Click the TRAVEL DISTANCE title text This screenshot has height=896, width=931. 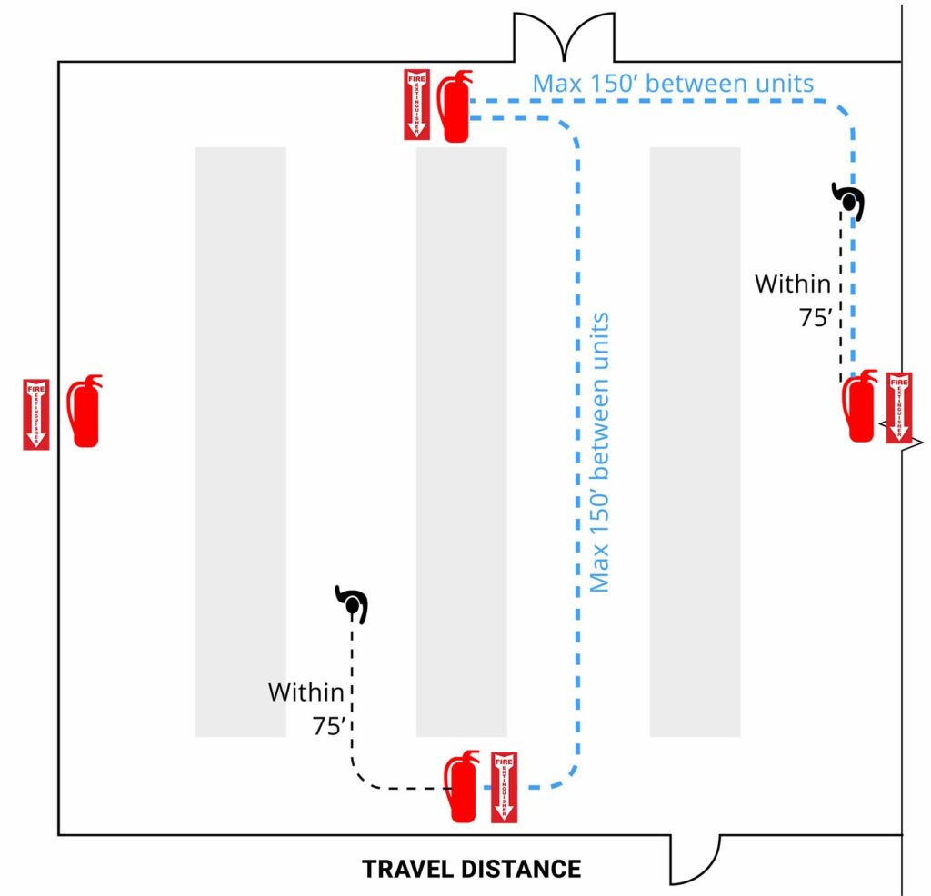pyautogui.click(x=471, y=869)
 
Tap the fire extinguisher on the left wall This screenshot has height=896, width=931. pyautogui.click(x=85, y=411)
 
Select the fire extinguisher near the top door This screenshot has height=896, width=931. pyautogui.click(x=453, y=106)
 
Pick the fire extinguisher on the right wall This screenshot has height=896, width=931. pyautogui.click(x=860, y=406)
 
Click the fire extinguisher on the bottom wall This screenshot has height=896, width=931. pyautogui.click(x=462, y=787)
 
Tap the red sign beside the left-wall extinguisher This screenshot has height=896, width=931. pyautogui.click(x=35, y=414)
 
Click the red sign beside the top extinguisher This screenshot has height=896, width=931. pyautogui.click(x=416, y=104)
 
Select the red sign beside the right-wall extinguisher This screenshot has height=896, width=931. pyautogui.click(x=898, y=407)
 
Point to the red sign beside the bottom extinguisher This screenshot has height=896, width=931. pyautogui.click(x=504, y=788)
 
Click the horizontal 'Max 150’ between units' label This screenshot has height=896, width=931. pyautogui.click(x=673, y=84)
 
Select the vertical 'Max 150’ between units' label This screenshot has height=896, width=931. pyautogui.click(x=599, y=452)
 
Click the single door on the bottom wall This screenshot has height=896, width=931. pyautogui.click(x=695, y=858)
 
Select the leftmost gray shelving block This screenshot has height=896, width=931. pyautogui.click(x=240, y=442)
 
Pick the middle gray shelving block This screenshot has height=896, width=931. pyautogui.click(x=461, y=442)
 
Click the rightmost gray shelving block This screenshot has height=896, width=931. pyautogui.click(x=695, y=442)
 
